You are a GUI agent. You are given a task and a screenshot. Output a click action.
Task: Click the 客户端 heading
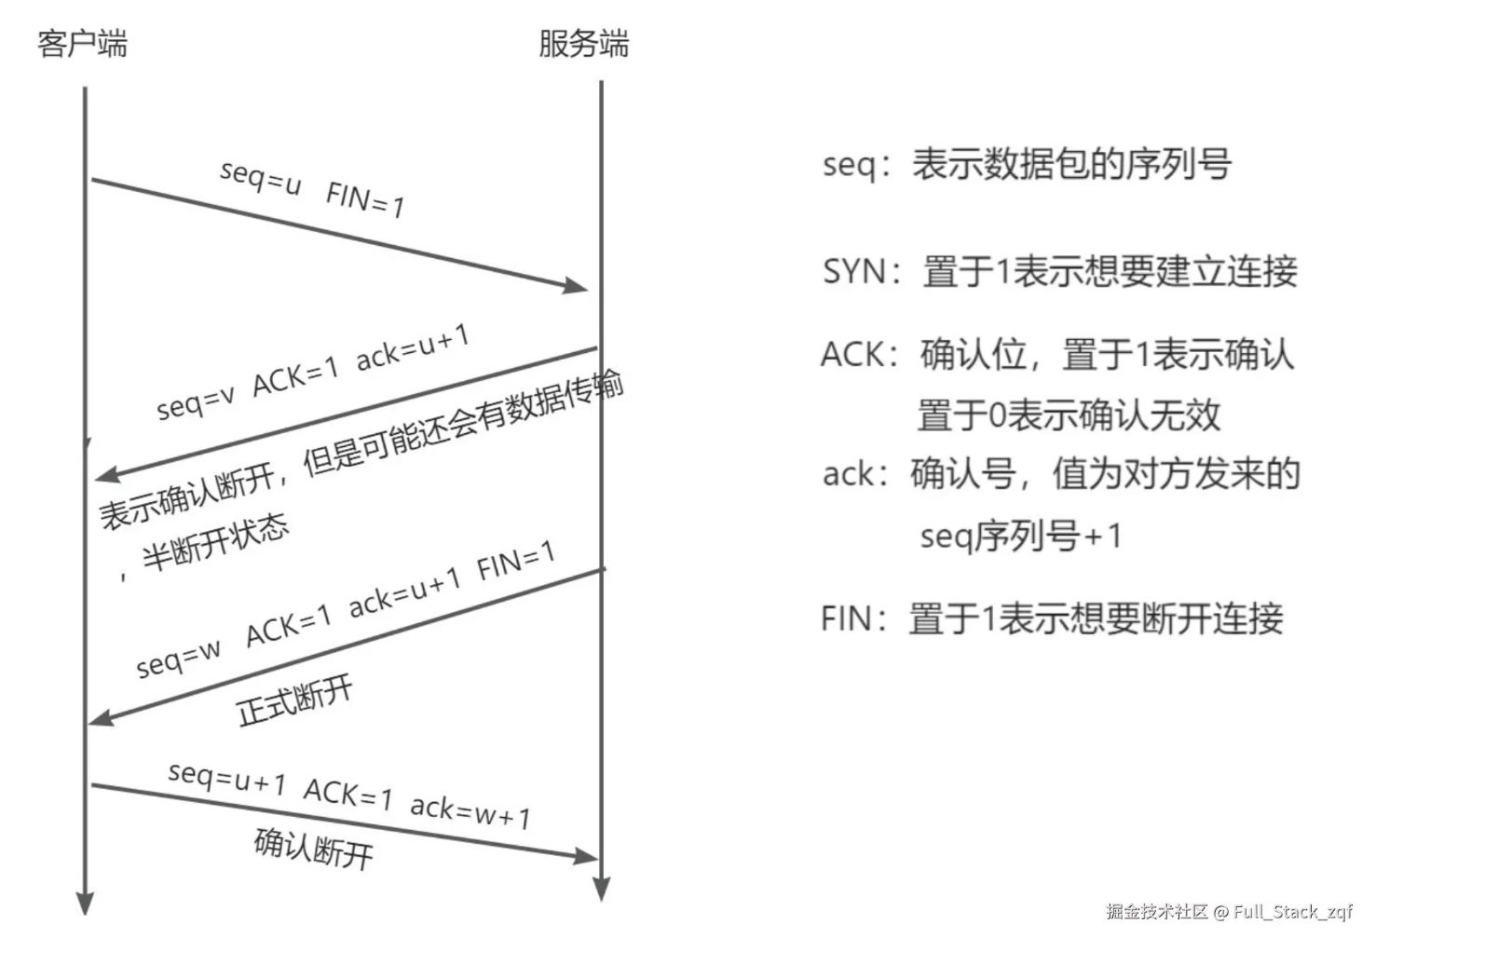[x=82, y=44]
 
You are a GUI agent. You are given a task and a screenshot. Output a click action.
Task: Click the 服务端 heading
[x=583, y=44]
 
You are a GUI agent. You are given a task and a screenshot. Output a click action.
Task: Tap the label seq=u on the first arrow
[x=261, y=178]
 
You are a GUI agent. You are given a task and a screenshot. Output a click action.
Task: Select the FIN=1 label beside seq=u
[x=365, y=198]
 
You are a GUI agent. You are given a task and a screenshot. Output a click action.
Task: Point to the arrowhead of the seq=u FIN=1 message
[x=576, y=286]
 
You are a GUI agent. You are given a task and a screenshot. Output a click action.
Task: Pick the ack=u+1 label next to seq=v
[x=413, y=348]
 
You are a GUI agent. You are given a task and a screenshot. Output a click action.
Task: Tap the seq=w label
[x=178, y=659]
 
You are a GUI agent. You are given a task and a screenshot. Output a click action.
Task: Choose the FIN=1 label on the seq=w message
[x=516, y=561]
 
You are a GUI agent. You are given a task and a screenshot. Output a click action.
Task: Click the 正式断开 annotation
[x=294, y=701]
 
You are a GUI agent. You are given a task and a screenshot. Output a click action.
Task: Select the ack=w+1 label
[x=470, y=811]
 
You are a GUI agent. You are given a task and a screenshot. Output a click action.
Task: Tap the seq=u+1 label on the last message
[x=226, y=778]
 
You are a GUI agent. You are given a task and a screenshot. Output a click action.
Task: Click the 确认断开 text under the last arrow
[x=314, y=849]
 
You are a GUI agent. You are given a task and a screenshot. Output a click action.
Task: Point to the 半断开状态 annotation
[x=216, y=543]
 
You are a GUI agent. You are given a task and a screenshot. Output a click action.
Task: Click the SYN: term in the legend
[x=862, y=272]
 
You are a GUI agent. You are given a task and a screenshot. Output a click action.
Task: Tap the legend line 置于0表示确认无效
[x=1069, y=415]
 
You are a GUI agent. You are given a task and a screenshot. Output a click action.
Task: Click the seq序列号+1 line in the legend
[x=1021, y=536]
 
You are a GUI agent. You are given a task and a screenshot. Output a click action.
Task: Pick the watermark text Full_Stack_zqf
[x=1293, y=912]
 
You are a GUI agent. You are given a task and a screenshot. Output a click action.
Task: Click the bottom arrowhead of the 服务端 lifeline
[x=601, y=888]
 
